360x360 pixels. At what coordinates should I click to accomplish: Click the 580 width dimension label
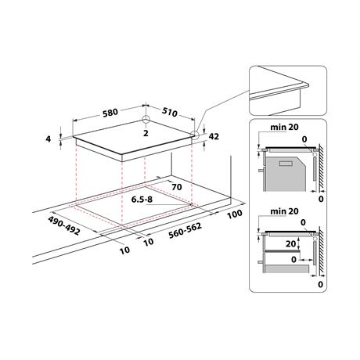[x=110, y=113]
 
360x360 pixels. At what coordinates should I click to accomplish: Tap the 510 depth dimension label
[x=170, y=112]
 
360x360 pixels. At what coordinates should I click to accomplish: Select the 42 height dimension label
[x=214, y=136]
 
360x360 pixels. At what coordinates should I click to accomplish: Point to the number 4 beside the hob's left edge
[x=48, y=139]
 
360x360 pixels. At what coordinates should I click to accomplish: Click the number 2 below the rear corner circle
[x=146, y=133]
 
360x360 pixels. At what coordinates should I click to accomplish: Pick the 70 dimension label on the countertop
[x=177, y=187]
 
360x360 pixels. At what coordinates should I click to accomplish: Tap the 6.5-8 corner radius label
[x=142, y=200]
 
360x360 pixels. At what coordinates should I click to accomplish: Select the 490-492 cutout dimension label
[x=63, y=225]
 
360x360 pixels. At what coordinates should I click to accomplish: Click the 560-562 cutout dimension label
[x=185, y=231]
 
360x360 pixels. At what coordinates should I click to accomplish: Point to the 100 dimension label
[x=235, y=214]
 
